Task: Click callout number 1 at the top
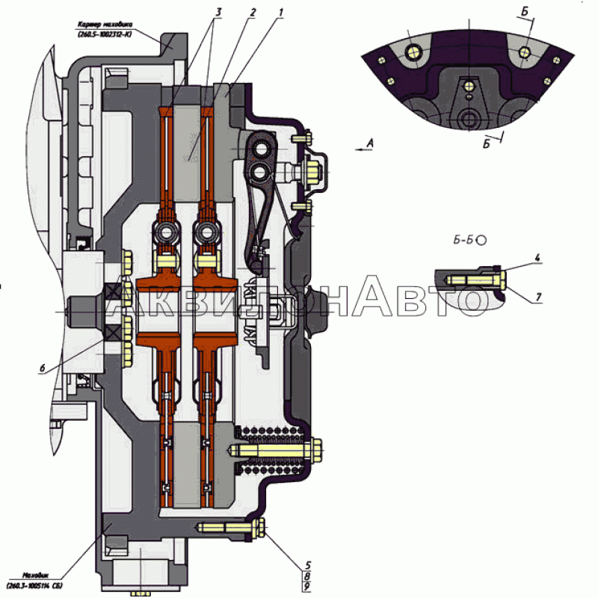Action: [x=281, y=12]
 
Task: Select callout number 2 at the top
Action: [x=253, y=12]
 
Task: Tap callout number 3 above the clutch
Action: [x=218, y=12]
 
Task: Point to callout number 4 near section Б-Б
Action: [x=537, y=258]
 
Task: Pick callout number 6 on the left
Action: [x=42, y=367]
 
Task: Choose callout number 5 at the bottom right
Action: [x=308, y=565]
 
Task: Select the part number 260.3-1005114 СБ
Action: [x=33, y=585]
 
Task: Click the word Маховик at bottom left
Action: [x=35, y=575]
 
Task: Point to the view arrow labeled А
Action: [x=366, y=148]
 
